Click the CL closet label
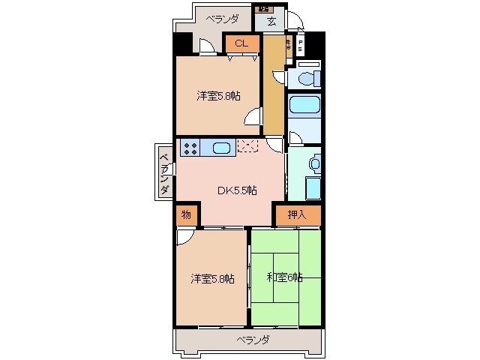(x=240, y=43)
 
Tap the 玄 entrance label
(x=271, y=21)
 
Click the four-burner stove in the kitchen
(x=190, y=148)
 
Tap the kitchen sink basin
(x=220, y=148)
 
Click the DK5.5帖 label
(x=238, y=190)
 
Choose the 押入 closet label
(x=297, y=214)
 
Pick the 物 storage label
(x=186, y=215)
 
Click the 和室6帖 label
(x=285, y=277)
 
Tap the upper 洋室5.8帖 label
(x=219, y=95)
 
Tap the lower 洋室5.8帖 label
(x=212, y=278)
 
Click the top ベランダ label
(x=223, y=19)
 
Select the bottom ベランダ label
(x=253, y=340)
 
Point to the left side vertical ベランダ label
(x=163, y=172)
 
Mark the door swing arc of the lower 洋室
(x=184, y=238)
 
